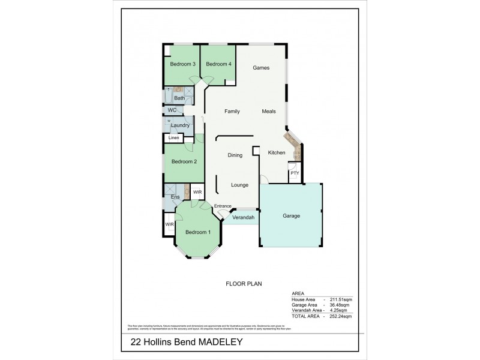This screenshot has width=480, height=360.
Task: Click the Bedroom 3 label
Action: click(182, 64)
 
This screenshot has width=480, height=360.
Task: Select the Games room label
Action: click(260, 68)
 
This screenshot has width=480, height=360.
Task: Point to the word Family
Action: click(232, 112)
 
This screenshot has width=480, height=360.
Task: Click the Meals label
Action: click(269, 112)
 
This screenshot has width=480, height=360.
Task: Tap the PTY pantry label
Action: click(294, 173)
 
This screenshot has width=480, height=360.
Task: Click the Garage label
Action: click(292, 216)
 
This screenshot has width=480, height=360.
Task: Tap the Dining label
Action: click(235, 155)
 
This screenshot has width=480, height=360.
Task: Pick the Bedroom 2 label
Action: click(184, 161)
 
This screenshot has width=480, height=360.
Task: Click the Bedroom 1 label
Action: click(197, 232)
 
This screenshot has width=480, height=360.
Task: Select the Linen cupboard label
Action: click(173, 138)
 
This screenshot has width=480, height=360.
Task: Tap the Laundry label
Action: click(180, 125)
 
